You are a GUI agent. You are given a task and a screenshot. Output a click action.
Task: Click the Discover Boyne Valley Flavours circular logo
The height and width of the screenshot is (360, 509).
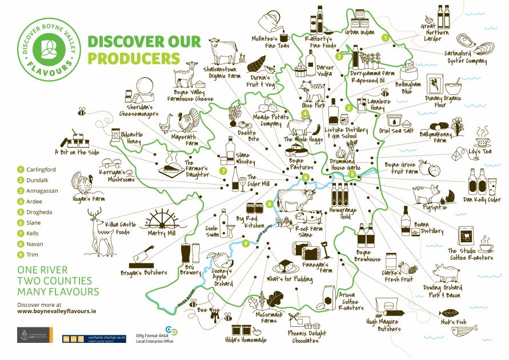pyautogui.click(x=48, y=48)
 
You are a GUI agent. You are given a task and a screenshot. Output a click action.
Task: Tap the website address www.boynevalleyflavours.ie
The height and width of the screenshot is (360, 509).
pyautogui.click(x=57, y=312)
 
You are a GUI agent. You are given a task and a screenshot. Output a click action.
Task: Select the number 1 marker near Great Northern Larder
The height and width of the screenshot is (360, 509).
pyautogui.click(x=386, y=37)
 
